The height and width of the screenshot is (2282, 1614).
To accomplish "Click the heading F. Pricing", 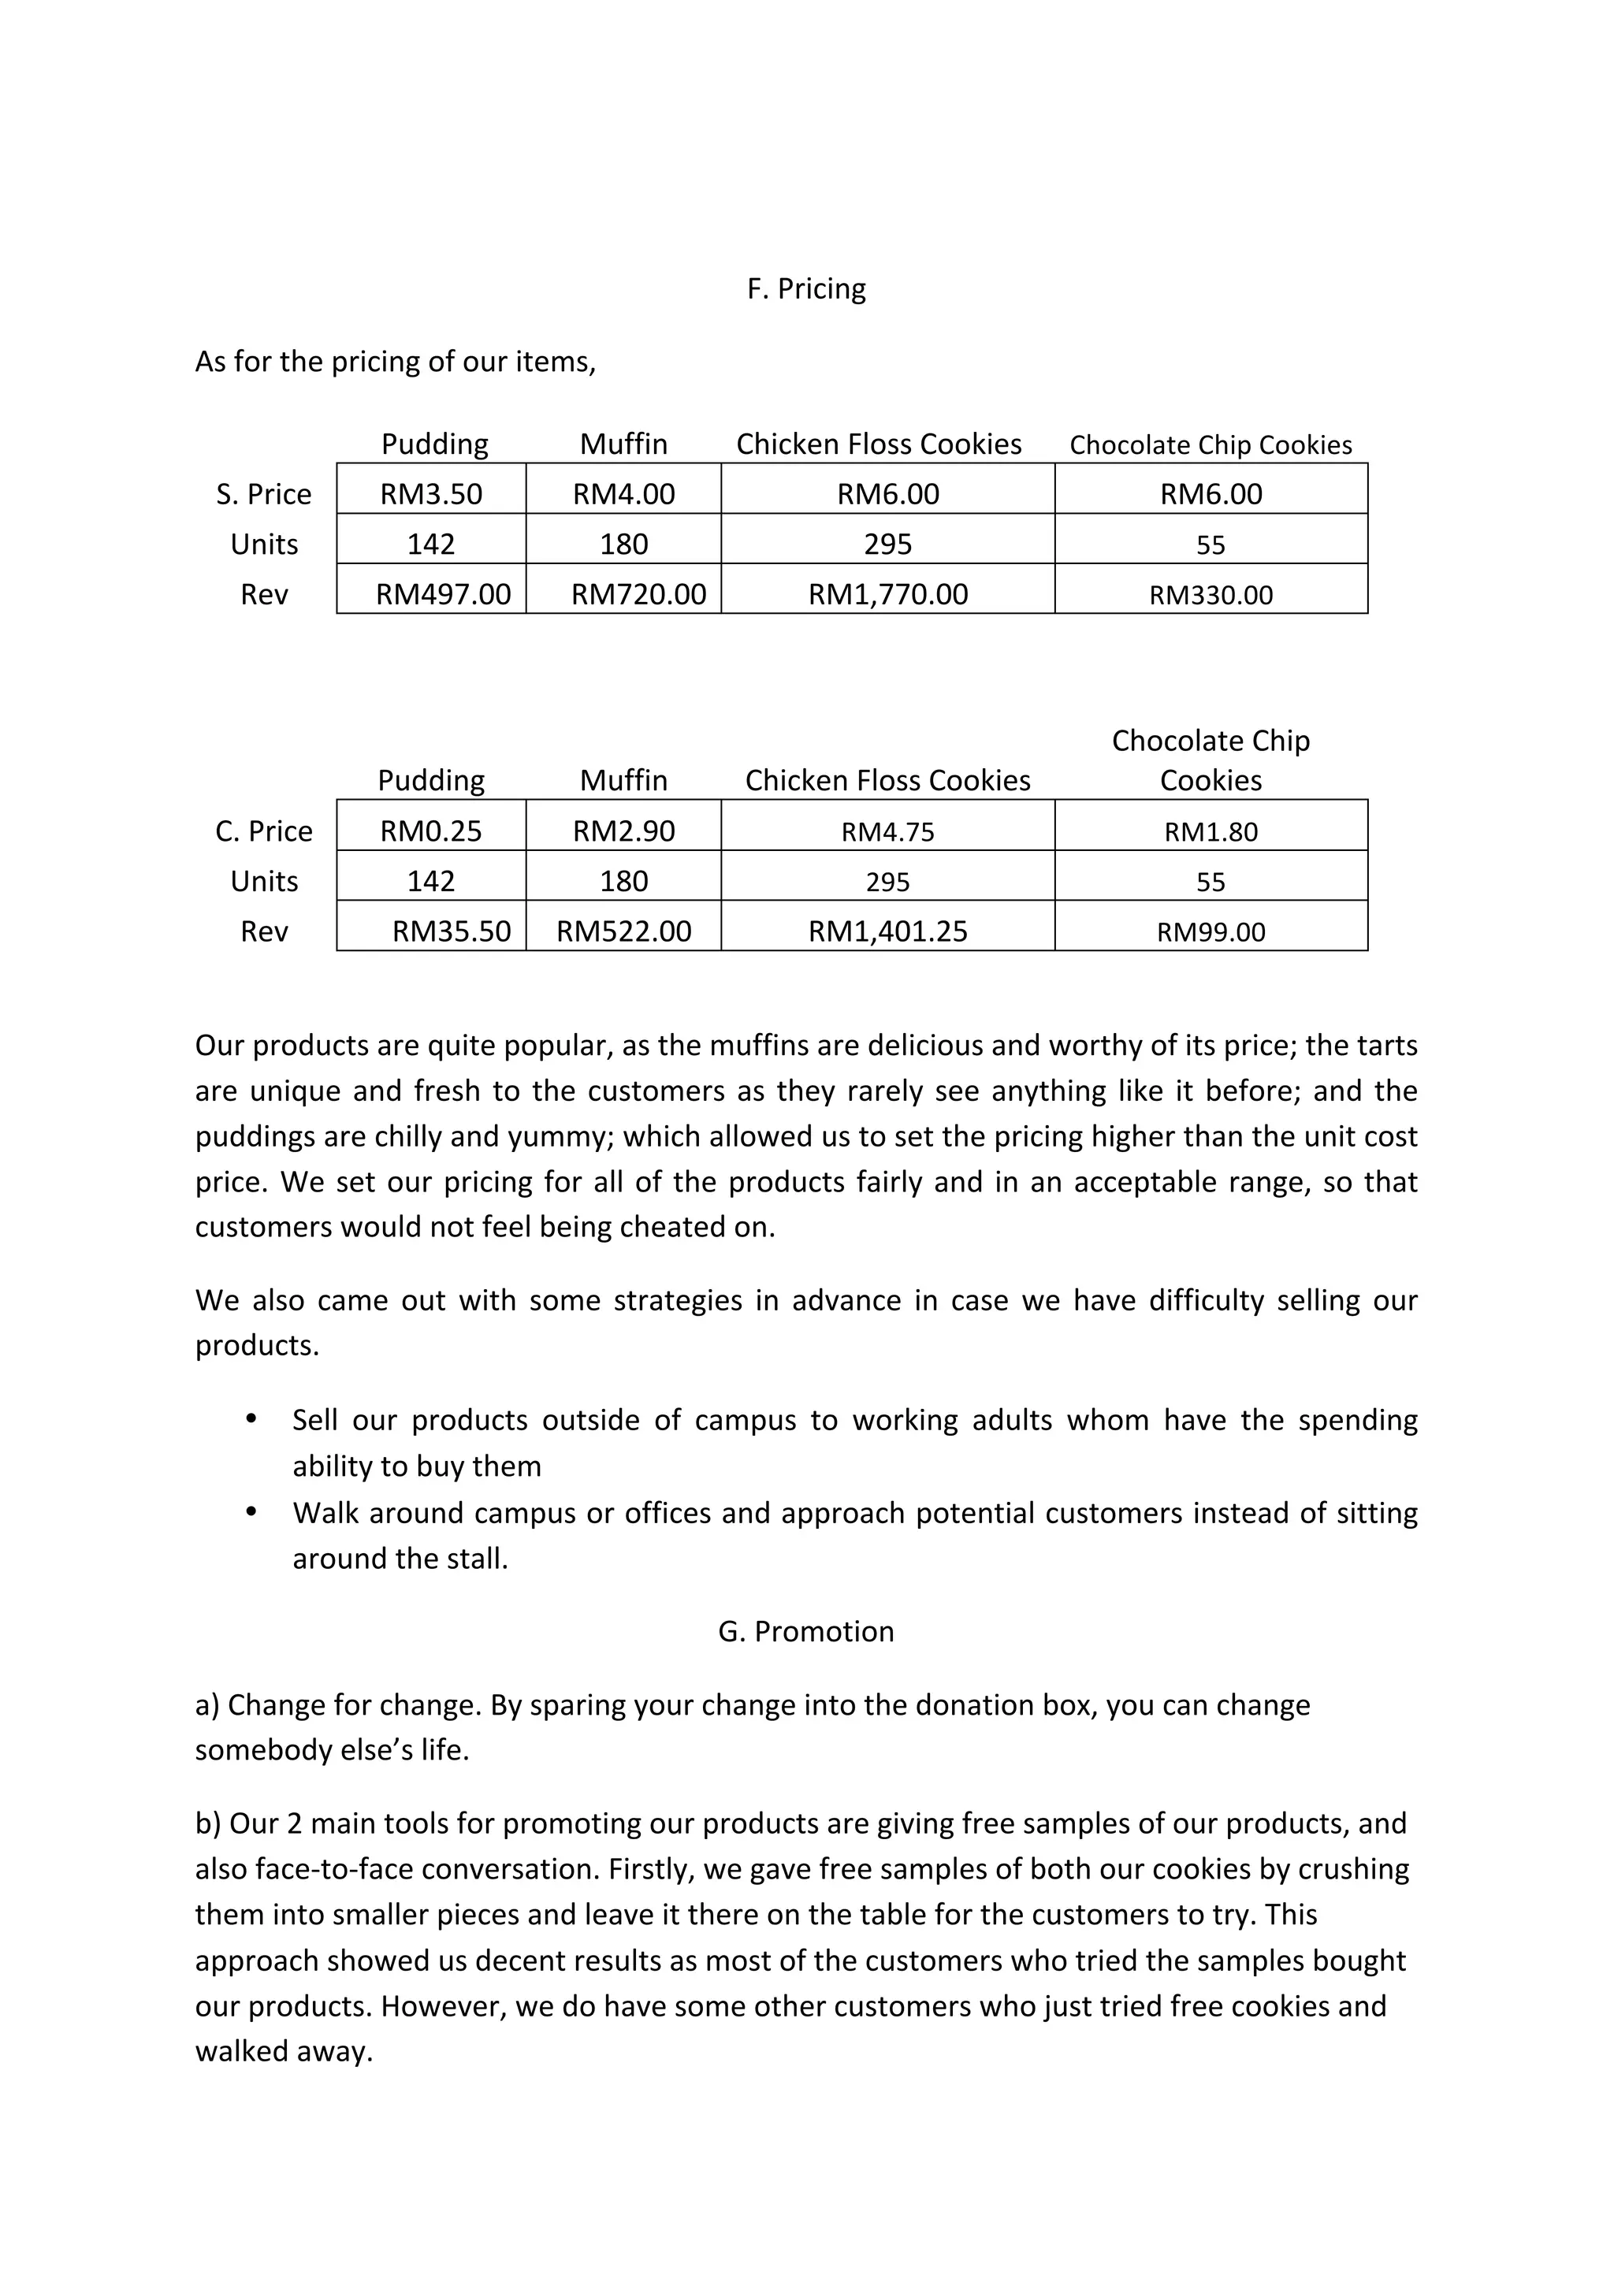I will coord(806,289).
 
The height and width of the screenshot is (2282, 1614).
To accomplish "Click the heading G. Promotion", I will coord(806,1632).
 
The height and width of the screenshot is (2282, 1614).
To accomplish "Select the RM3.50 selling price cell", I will coord(430,494).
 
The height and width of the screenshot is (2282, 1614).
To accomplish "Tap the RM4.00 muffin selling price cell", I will coord(623,494).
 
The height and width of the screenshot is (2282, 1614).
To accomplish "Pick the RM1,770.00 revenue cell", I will coord(887,594).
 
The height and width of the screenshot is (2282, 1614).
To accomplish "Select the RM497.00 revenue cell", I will coord(442,594).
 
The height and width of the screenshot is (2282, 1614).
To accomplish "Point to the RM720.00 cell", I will coord(638,594).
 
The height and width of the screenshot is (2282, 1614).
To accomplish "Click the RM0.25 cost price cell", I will coord(430,831).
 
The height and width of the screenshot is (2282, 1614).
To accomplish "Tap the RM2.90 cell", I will coord(623,831).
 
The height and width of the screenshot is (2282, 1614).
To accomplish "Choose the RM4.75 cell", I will coord(887,832).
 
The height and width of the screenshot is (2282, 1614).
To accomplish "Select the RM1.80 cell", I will coord(1210,832).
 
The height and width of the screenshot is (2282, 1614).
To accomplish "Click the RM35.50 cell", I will coord(452,931).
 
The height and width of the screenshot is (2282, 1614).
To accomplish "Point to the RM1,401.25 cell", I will coord(887,931).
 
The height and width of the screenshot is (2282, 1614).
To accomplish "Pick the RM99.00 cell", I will coord(1210,932).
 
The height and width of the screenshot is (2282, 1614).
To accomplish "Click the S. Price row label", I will coord(263,494).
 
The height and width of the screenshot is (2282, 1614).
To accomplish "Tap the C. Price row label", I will coord(263,831).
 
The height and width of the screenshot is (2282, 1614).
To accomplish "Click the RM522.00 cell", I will coord(623,931).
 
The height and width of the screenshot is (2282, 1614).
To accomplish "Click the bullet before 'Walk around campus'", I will coord(251,1511).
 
